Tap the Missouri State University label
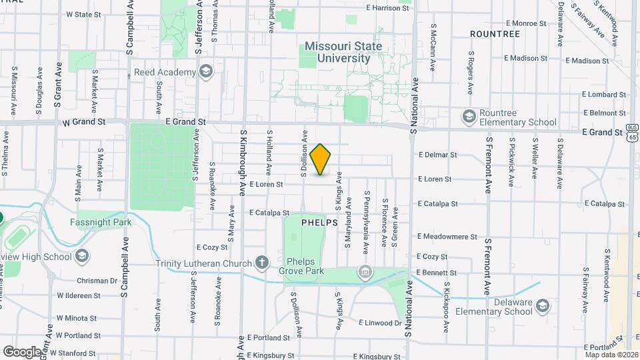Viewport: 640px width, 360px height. (343, 52)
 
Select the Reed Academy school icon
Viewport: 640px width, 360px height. (206, 71)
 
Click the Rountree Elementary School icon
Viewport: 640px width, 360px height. (469, 117)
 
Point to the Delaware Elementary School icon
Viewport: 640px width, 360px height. (543, 306)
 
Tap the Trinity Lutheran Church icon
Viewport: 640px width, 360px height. (262, 262)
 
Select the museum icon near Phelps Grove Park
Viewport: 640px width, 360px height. (364, 271)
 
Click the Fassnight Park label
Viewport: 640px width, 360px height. (101, 222)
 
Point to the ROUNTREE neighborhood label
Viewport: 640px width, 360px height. (495, 33)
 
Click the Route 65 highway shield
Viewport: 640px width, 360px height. (633, 136)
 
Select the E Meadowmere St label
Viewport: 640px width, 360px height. (447, 236)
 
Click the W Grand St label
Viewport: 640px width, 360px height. (85, 123)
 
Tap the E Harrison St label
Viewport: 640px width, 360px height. (387, 8)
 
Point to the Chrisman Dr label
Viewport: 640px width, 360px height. (97, 281)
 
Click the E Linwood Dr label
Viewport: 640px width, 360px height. (380, 323)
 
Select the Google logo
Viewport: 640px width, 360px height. (22, 351)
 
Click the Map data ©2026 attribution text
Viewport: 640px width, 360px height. (611, 355)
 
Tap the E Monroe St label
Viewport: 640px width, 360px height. (525, 23)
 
